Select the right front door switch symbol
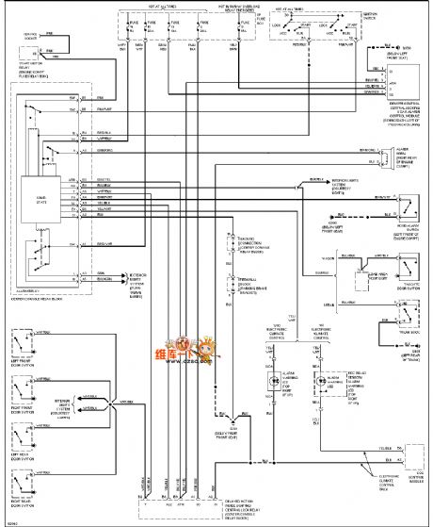pos(24,388)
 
